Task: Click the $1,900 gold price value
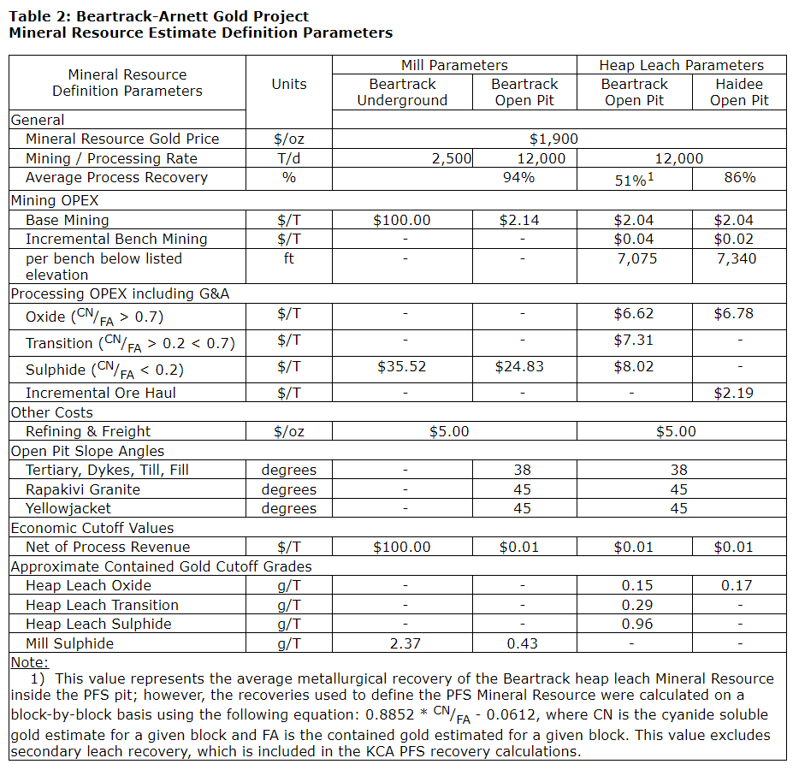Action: tap(553, 139)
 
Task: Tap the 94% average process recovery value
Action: tap(518, 177)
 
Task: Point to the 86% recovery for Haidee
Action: tap(739, 177)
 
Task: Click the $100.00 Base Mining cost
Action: tap(401, 220)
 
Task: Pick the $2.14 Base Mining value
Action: tap(519, 220)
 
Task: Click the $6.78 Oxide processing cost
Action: tap(734, 313)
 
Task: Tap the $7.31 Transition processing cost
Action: tap(634, 340)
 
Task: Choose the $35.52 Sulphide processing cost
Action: tap(401, 366)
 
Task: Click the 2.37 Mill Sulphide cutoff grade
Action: tap(404, 643)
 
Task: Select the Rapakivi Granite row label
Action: tap(83, 489)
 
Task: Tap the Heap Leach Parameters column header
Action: tap(681, 65)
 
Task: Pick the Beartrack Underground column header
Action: tap(402, 92)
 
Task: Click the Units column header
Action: tap(289, 84)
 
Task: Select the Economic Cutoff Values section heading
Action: tap(92, 528)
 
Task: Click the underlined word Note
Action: tap(30, 662)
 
